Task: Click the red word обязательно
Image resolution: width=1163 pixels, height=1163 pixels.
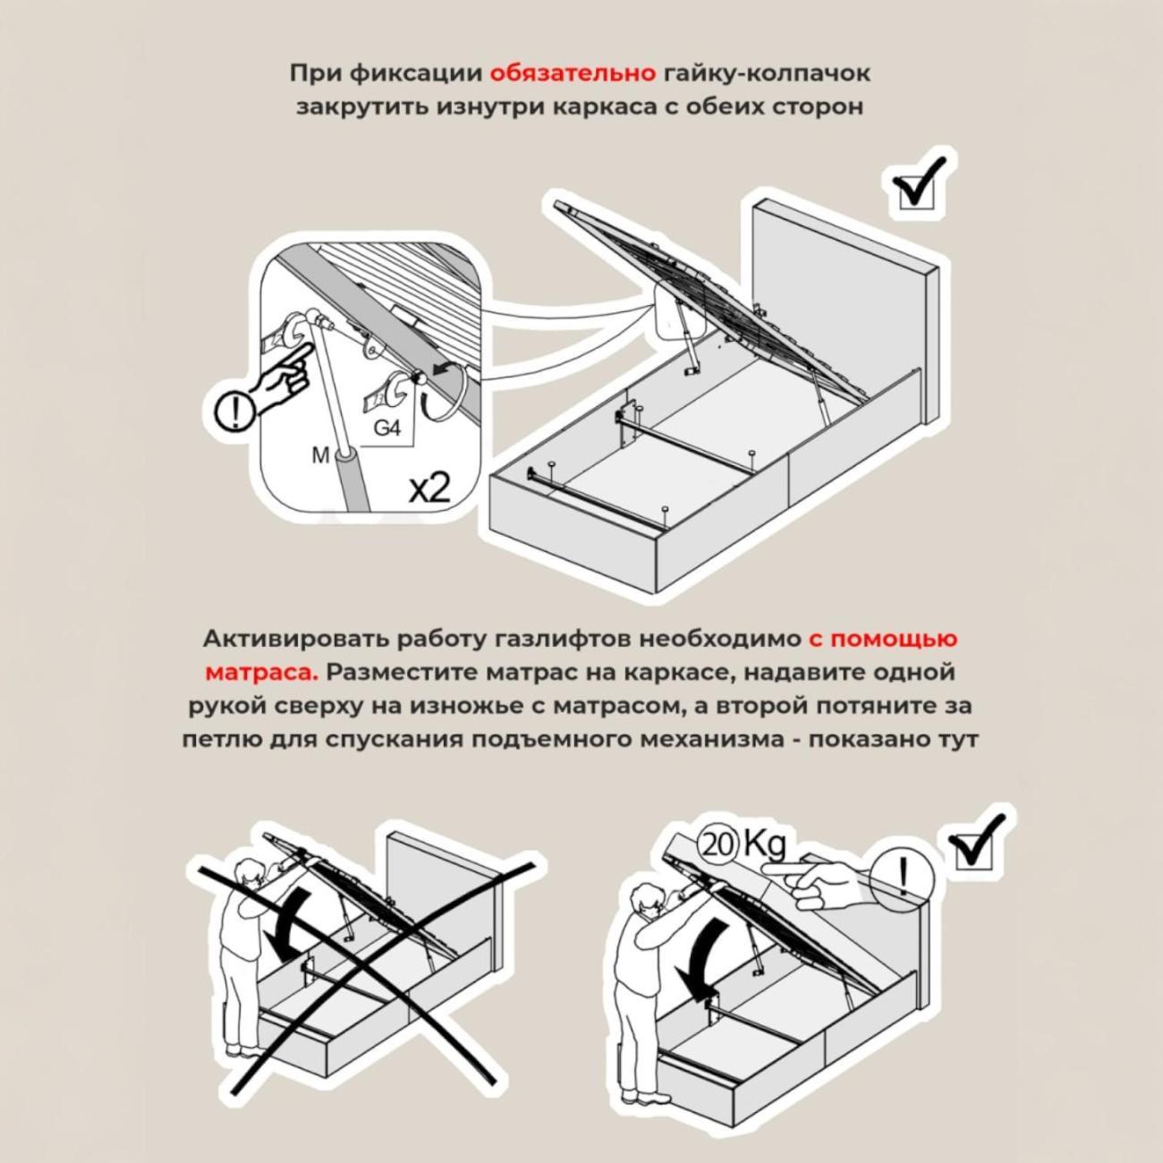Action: pos(573,72)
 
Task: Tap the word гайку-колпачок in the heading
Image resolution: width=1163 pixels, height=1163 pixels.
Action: pos(767,72)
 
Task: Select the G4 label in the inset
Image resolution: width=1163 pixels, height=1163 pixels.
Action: pos(386,429)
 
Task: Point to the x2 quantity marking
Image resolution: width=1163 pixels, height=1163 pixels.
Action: pos(429,488)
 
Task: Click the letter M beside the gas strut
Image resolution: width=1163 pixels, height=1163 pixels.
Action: pos(320,455)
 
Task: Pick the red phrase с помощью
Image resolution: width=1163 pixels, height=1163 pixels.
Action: pos(882,639)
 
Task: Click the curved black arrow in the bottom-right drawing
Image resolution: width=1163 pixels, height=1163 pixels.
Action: pos(701,957)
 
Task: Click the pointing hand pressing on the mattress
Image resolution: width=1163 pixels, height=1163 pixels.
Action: pos(828,881)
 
